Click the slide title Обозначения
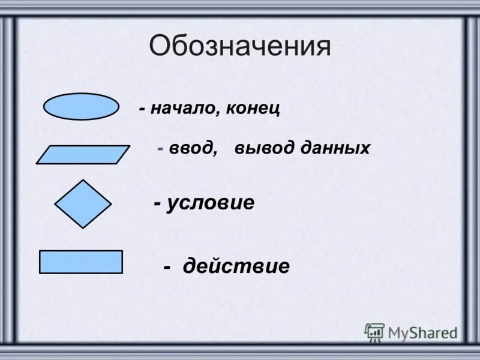(240, 47)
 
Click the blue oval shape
(81, 107)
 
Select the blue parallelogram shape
(83, 155)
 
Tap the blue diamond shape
(83, 204)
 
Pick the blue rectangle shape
(80, 262)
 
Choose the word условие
(211, 203)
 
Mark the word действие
(236, 266)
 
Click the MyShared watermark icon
(374, 332)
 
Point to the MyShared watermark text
(422, 332)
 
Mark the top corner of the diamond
(83, 181)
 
